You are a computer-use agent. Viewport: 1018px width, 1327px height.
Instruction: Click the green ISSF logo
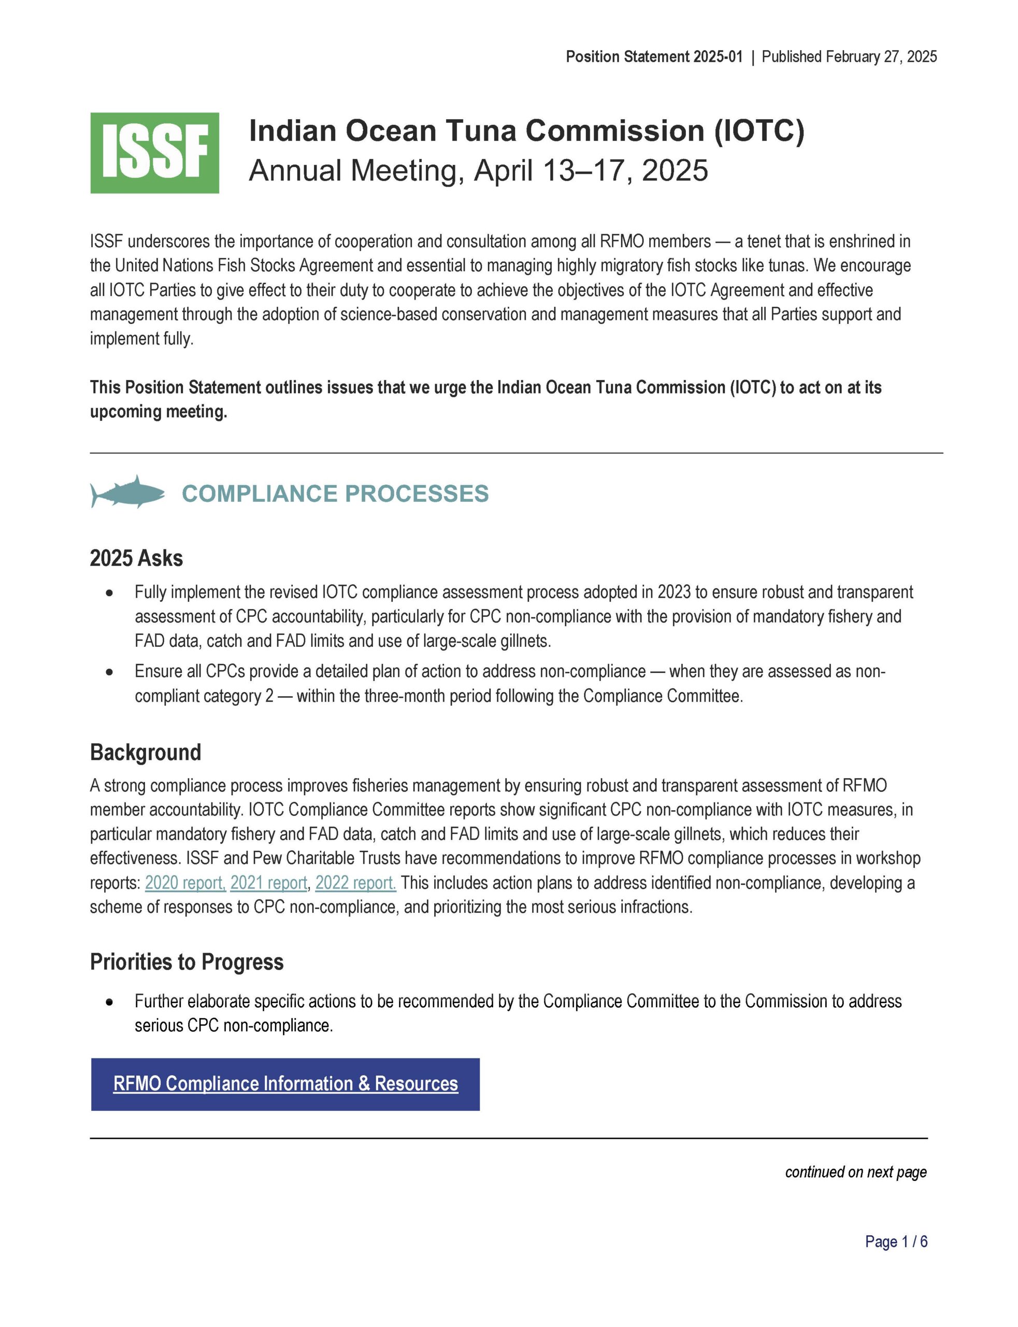click(154, 153)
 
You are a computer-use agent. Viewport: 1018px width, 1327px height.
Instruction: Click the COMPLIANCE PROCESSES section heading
click(335, 493)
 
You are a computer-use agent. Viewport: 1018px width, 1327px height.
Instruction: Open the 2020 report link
click(185, 883)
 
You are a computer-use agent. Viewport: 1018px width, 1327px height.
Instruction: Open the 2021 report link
click(268, 883)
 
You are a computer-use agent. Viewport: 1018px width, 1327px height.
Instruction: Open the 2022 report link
click(356, 883)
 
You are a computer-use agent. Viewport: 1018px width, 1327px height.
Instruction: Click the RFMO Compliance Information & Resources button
click(285, 1084)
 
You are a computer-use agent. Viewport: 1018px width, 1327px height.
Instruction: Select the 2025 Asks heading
click(136, 558)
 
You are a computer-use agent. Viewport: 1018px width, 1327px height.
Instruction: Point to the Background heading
click(146, 752)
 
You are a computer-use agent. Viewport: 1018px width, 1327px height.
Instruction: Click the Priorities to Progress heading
click(187, 962)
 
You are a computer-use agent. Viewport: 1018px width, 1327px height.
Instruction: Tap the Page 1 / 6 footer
click(896, 1241)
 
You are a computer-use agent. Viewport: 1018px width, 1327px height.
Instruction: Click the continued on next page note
click(856, 1172)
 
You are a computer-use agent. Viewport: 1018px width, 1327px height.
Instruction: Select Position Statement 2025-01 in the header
click(654, 57)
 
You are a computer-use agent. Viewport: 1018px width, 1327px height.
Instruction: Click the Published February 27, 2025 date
click(849, 57)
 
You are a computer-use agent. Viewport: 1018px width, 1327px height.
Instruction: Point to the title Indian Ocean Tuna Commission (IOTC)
click(526, 131)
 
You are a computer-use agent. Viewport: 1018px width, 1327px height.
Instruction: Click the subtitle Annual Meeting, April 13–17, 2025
click(478, 171)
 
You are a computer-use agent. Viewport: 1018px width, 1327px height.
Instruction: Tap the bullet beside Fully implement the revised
click(109, 594)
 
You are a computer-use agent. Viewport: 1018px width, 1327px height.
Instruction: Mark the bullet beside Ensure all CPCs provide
click(109, 672)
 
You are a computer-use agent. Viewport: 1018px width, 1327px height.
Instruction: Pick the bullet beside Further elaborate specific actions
click(109, 1003)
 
